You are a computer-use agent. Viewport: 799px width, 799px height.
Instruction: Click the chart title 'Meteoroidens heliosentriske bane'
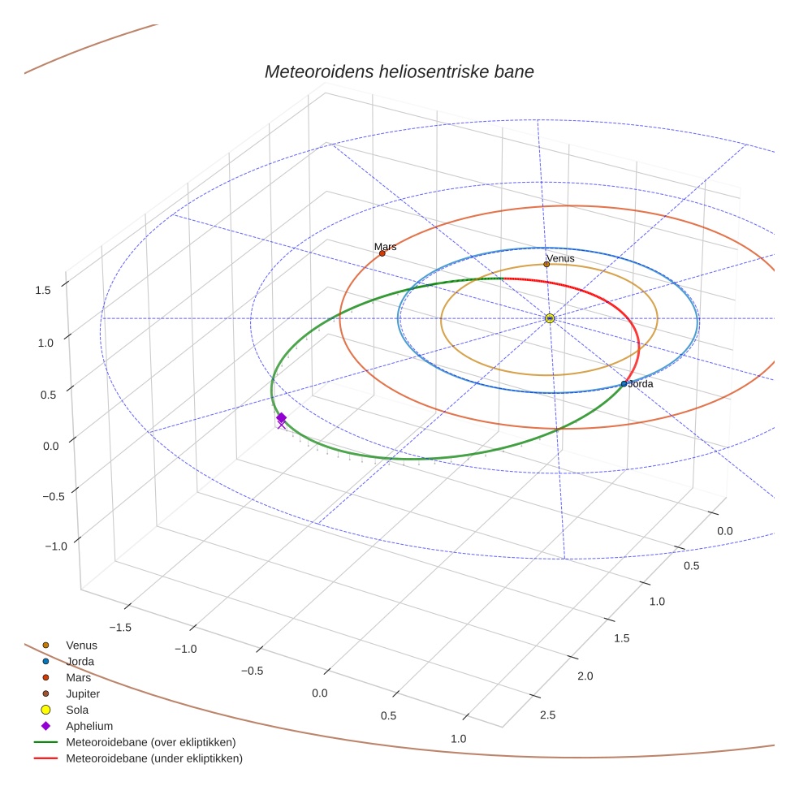[399, 71]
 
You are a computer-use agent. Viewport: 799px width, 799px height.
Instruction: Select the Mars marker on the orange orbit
[382, 253]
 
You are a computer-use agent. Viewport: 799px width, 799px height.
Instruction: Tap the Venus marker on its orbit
[546, 264]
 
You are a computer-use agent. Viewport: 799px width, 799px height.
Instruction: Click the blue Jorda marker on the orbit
[624, 383]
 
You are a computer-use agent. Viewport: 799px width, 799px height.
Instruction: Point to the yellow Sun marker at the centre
[550, 318]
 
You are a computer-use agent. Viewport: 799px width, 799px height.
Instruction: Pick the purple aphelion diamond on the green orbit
[281, 417]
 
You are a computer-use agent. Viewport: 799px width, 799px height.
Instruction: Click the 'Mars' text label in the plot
[385, 246]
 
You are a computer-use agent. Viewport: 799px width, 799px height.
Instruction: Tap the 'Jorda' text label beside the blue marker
[641, 383]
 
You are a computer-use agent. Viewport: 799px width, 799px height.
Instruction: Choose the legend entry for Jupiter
[83, 693]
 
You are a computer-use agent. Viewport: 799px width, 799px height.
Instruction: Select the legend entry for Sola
[79, 710]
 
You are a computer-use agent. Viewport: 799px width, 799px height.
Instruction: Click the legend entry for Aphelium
[89, 726]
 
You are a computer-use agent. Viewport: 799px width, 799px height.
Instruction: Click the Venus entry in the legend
[81, 645]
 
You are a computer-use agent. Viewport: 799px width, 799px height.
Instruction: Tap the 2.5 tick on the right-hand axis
[547, 715]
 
